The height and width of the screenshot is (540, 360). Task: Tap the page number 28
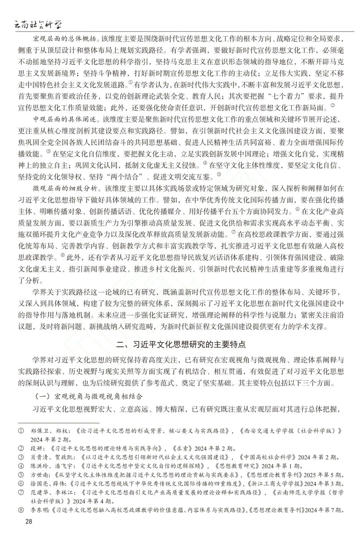pyautogui.click(x=29, y=521)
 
